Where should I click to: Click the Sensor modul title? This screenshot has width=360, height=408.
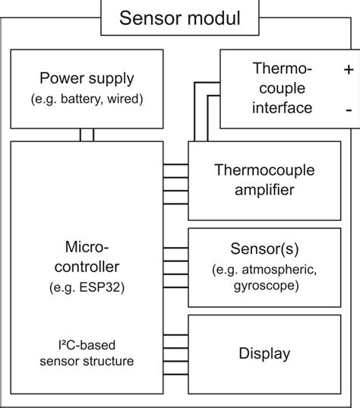coord(179,17)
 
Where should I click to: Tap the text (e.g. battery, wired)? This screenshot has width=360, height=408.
coord(88,100)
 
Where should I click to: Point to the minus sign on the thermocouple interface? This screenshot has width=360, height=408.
coord(348,109)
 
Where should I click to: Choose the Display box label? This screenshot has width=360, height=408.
coord(264,353)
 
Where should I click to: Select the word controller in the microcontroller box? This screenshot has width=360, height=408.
coord(88,267)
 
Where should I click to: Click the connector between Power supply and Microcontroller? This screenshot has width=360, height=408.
coord(87,134)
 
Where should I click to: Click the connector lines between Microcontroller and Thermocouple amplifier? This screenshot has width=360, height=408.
coord(175,181)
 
